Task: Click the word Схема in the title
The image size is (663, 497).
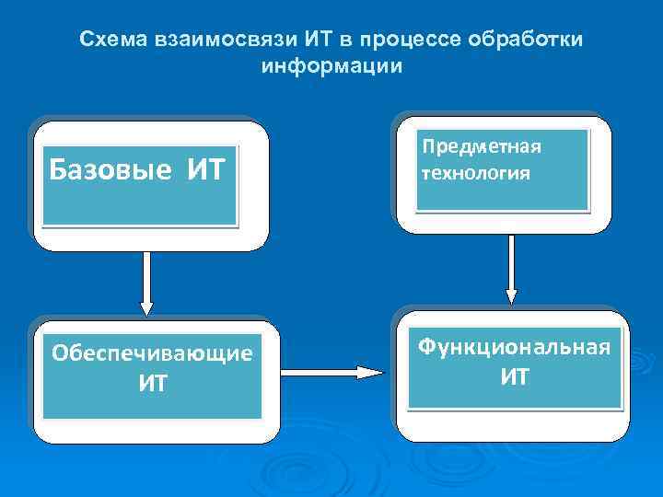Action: point(109,40)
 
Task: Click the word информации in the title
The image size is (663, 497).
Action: point(331,67)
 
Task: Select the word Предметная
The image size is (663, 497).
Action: point(481,147)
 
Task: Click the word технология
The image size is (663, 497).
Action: point(475,172)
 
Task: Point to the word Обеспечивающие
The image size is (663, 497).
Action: point(152,353)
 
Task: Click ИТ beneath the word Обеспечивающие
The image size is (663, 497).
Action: point(152,383)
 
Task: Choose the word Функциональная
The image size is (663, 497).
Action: point(514,347)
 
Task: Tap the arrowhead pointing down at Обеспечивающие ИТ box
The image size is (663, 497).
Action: point(145,307)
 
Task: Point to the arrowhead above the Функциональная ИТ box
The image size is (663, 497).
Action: point(512,296)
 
